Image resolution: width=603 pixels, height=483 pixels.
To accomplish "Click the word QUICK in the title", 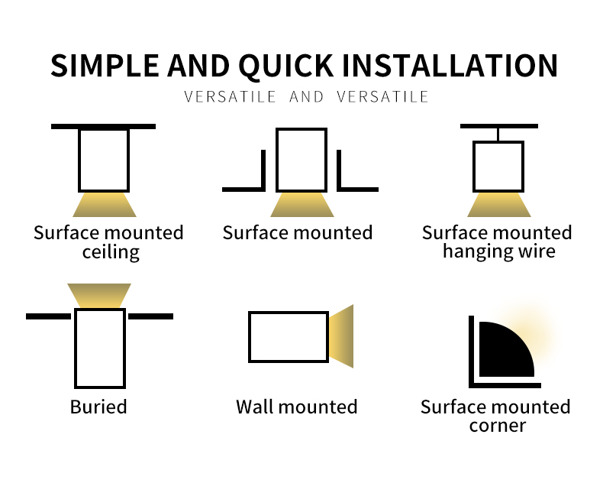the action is [x=286, y=66].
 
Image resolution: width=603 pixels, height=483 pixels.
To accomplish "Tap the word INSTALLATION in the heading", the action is [x=450, y=65].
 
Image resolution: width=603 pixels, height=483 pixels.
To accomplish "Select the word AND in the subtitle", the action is [x=307, y=97].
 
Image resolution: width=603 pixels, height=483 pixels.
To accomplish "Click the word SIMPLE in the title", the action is [x=105, y=65].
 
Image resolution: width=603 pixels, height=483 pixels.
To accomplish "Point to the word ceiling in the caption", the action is [x=111, y=252].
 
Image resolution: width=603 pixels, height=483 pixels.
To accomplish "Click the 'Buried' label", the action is [x=98, y=407].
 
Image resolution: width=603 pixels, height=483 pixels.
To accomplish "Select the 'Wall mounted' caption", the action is [x=296, y=407].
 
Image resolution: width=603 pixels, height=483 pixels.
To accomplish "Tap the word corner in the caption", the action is [x=497, y=426].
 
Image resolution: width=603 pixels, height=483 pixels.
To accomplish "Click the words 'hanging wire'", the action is [x=498, y=251].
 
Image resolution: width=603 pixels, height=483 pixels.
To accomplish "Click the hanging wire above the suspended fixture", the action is [x=498, y=135].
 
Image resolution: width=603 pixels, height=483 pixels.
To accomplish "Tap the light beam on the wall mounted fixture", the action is [x=341, y=336].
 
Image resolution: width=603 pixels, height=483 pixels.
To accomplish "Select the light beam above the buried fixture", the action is [x=99, y=296].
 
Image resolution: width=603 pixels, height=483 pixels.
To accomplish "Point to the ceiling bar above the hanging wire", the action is [x=499, y=126].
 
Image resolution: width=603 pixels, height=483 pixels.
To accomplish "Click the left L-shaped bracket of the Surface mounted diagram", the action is [x=263, y=170].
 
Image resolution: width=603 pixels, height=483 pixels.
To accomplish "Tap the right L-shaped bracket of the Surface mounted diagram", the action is [x=339, y=170].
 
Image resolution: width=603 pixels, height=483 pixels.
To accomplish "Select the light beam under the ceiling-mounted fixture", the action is [x=105, y=205].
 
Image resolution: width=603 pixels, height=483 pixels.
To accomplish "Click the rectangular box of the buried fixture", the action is [x=76, y=348].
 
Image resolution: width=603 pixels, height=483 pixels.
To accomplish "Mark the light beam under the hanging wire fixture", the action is [x=499, y=205].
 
